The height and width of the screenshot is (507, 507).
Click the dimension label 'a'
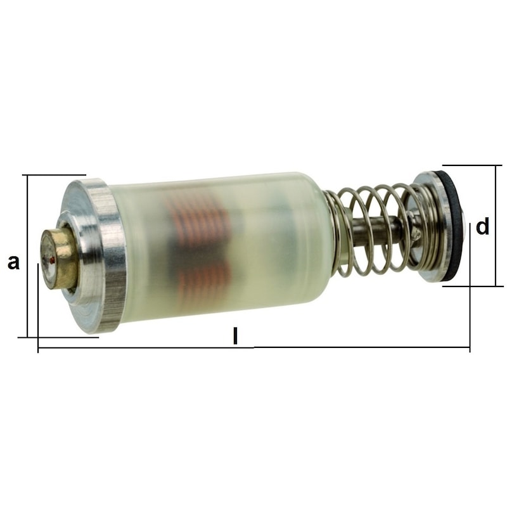tap(13, 262)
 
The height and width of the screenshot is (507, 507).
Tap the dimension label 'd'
tap(483, 226)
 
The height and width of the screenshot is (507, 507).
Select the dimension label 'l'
tap(235, 335)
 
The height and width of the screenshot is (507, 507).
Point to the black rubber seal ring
tap(455, 226)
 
